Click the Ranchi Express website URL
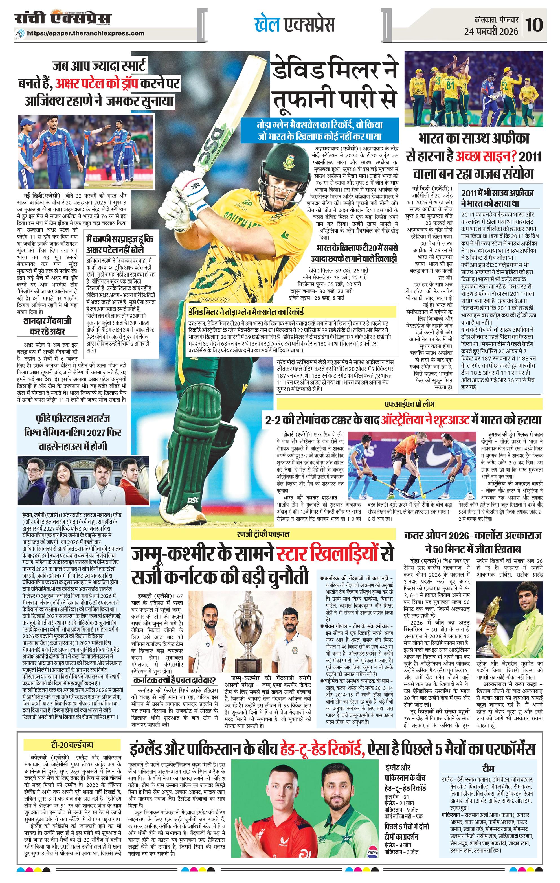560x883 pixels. click(x=91, y=33)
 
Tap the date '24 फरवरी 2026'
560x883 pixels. click(x=491, y=32)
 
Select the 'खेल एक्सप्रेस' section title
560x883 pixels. click(x=294, y=25)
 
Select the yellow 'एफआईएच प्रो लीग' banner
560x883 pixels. click(x=410, y=405)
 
